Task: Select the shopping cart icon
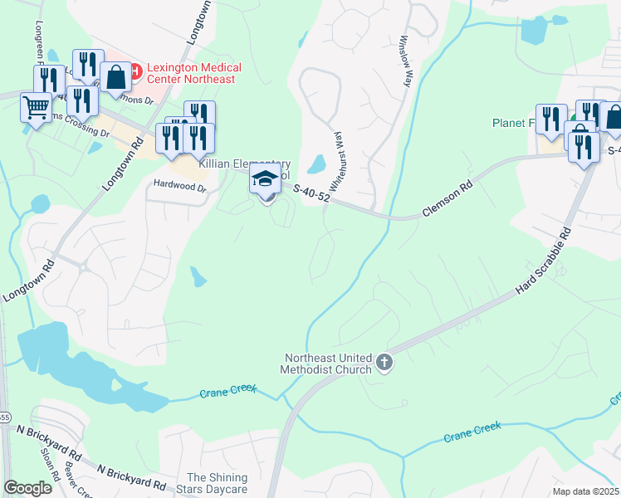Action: [x=36, y=107]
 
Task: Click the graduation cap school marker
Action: [x=266, y=178]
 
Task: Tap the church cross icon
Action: [x=384, y=362]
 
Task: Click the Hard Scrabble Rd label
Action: [x=543, y=260]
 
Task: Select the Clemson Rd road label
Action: [x=447, y=200]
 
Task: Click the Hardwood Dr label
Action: [x=178, y=187]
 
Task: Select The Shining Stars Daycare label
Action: [x=218, y=483]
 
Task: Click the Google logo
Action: [x=27, y=488]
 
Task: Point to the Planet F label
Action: [x=513, y=123]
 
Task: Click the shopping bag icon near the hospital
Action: [x=116, y=77]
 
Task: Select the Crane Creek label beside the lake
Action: [x=228, y=390]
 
